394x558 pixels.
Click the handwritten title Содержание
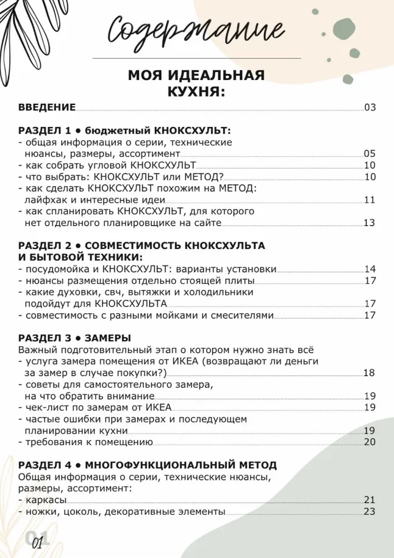tap(196, 29)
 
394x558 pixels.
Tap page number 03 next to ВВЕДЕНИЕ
tap(370, 108)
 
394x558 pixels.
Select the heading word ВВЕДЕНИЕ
tap(47, 108)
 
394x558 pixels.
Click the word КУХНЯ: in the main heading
tap(196, 92)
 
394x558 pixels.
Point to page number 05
tap(370, 153)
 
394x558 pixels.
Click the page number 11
tap(370, 200)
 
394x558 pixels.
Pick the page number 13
tap(370, 223)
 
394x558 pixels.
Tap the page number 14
tap(370, 269)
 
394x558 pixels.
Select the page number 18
tap(370, 372)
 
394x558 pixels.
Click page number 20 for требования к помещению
tap(370, 442)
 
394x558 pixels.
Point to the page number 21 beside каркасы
tap(370, 500)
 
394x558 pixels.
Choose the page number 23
tap(370, 512)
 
